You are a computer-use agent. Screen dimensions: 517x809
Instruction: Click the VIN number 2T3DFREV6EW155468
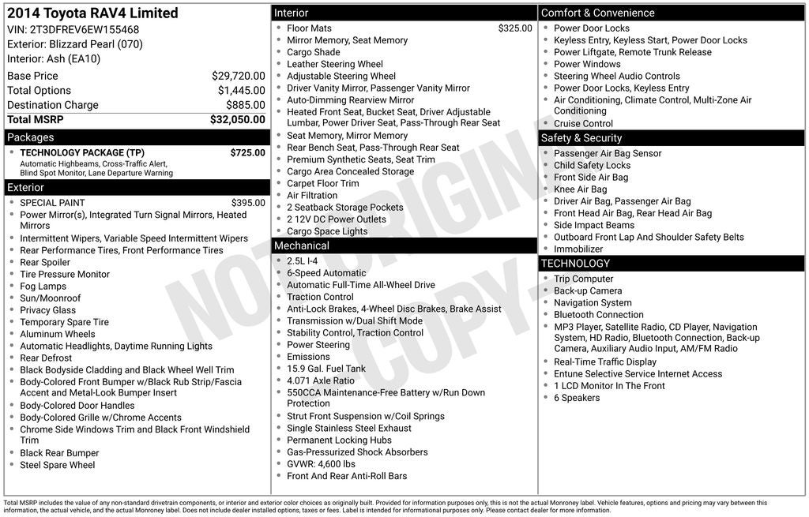click(84, 30)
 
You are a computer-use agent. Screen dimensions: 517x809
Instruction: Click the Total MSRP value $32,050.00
click(237, 120)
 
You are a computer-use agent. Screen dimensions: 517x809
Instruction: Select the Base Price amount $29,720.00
click(238, 76)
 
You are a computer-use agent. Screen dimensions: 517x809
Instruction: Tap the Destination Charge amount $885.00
click(245, 105)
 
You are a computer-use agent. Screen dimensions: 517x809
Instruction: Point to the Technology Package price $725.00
click(247, 153)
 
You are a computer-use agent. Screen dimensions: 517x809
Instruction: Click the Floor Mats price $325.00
click(514, 28)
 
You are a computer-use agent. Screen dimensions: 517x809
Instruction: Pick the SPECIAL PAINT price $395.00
click(248, 203)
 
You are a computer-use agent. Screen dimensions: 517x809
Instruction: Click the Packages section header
click(31, 137)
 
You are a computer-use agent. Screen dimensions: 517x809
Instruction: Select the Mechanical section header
click(301, 246)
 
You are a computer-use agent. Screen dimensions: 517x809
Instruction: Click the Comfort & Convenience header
click(597, 13)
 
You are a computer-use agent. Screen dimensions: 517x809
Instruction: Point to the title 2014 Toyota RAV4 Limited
click(92, 13)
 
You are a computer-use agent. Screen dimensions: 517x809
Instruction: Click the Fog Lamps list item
click(43, 287)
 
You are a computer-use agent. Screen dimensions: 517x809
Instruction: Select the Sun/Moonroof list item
click(50, 298)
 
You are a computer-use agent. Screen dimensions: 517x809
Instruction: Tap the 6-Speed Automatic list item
click(326, 273)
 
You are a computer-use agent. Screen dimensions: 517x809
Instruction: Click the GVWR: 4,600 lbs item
click(321, 464)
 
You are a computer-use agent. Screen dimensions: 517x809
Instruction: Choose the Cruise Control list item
click(583, 124)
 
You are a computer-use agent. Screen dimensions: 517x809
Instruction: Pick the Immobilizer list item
click(578, 249)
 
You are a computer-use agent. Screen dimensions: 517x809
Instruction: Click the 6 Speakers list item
click(577, 398)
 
